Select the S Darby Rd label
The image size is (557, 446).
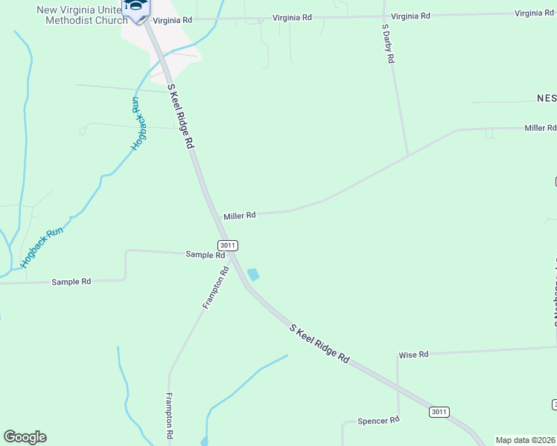coord(386,44)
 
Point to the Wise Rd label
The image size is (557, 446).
coord(413,355)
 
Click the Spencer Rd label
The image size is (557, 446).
coord(378,420)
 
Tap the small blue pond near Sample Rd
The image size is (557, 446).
coord(253,274)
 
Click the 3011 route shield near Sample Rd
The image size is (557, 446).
coord(228,245)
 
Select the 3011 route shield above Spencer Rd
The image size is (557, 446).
coord(439,412)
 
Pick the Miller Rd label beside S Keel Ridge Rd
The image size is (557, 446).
coord(240,216)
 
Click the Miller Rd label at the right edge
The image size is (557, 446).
coord(540,128)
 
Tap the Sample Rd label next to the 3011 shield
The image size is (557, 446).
coord(205,255)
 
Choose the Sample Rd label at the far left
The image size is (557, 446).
coord(71,282)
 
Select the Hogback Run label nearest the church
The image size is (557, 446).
coord(136,124)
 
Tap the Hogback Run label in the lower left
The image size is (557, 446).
coord(42,247)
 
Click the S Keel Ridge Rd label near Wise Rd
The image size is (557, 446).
coord(319,343)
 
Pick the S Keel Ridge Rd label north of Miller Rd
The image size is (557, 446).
coord(181,116)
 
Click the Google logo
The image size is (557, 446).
coord(25,437)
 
